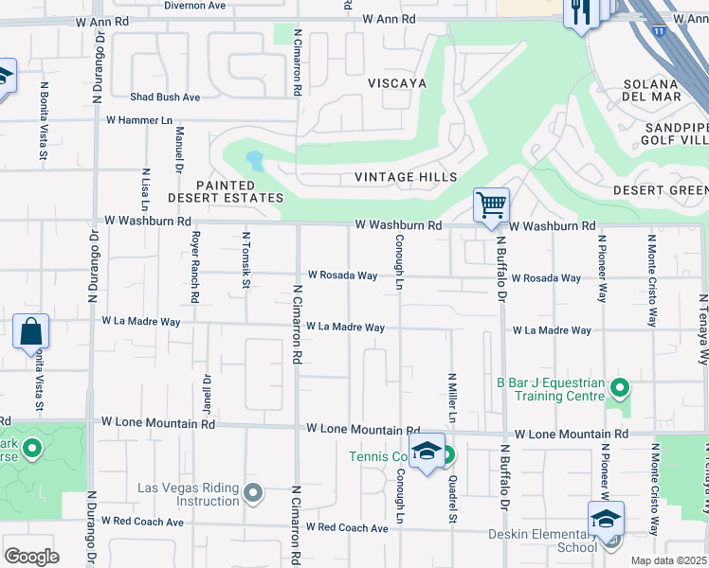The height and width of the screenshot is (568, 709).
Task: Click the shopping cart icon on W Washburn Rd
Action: (491, 204)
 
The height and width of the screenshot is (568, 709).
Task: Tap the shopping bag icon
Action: (31, 332)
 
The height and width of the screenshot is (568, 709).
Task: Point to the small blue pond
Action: (253, 158)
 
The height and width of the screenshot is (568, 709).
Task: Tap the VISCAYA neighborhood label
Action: (397, 83)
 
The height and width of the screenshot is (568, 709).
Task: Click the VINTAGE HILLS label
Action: (406, 177)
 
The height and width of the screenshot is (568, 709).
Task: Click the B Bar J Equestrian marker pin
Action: (619, 387)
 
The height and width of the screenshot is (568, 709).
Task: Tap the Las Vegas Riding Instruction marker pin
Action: (252, 492)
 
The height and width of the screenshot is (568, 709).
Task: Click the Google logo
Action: (31, 556)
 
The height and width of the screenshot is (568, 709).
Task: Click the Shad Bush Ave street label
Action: (165, 97)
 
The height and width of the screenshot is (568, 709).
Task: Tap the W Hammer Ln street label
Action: (139, 120)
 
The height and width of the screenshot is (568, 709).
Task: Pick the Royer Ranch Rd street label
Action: (195, 267)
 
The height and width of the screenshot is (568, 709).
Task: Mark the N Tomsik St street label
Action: (245, 259)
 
